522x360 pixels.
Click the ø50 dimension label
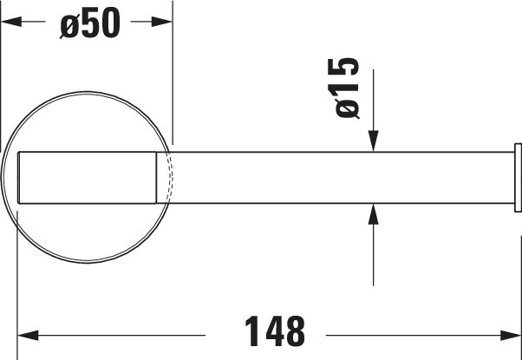(x=90, y=23)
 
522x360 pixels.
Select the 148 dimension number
(x=275, y=331)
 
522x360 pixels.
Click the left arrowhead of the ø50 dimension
(x=11, y=22)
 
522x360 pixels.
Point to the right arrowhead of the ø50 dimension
(x=162, y=22)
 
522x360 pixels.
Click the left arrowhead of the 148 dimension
(x=28, y=336)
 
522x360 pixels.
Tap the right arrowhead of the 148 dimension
(x=511, y=336)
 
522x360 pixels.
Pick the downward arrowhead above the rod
(x=373, y=141)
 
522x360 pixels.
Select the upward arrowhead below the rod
(x=373, y=214)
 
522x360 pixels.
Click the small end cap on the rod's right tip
(x=518, y=178)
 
